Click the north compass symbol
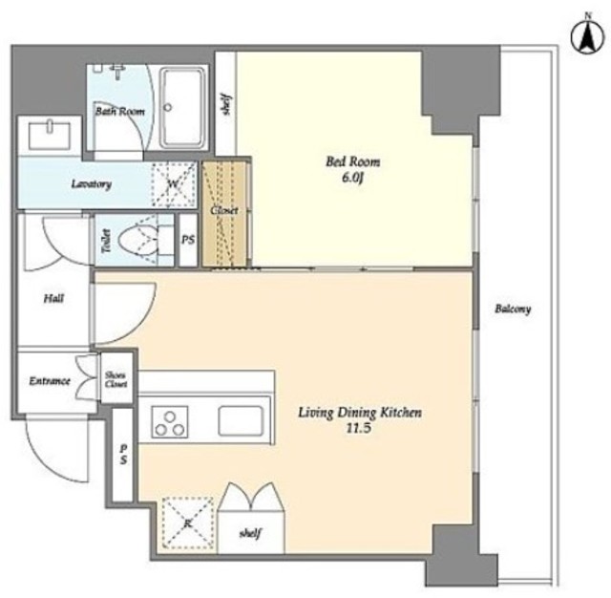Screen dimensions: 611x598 coord(588,36)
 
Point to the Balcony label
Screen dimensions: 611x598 coord(513,310)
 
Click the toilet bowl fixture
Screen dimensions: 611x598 coord(137,241)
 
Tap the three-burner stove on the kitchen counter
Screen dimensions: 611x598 coord(170,422)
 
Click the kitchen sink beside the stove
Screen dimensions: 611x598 coord(241,420)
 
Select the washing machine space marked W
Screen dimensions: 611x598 coord(174,184)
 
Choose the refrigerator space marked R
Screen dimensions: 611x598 coord(188,523)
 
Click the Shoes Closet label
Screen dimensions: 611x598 coord(116,379)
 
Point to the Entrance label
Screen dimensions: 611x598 coord(50,381)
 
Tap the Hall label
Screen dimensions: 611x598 coord(53,299)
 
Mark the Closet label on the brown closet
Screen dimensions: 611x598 coord(224,210)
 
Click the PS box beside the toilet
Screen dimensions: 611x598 coord(188,240)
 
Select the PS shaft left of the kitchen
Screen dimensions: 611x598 coord(123,455)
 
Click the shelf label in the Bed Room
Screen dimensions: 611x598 coord(226,104)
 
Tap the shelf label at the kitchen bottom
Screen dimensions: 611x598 coord(250,533)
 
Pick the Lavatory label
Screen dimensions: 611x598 coord(92,184)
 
